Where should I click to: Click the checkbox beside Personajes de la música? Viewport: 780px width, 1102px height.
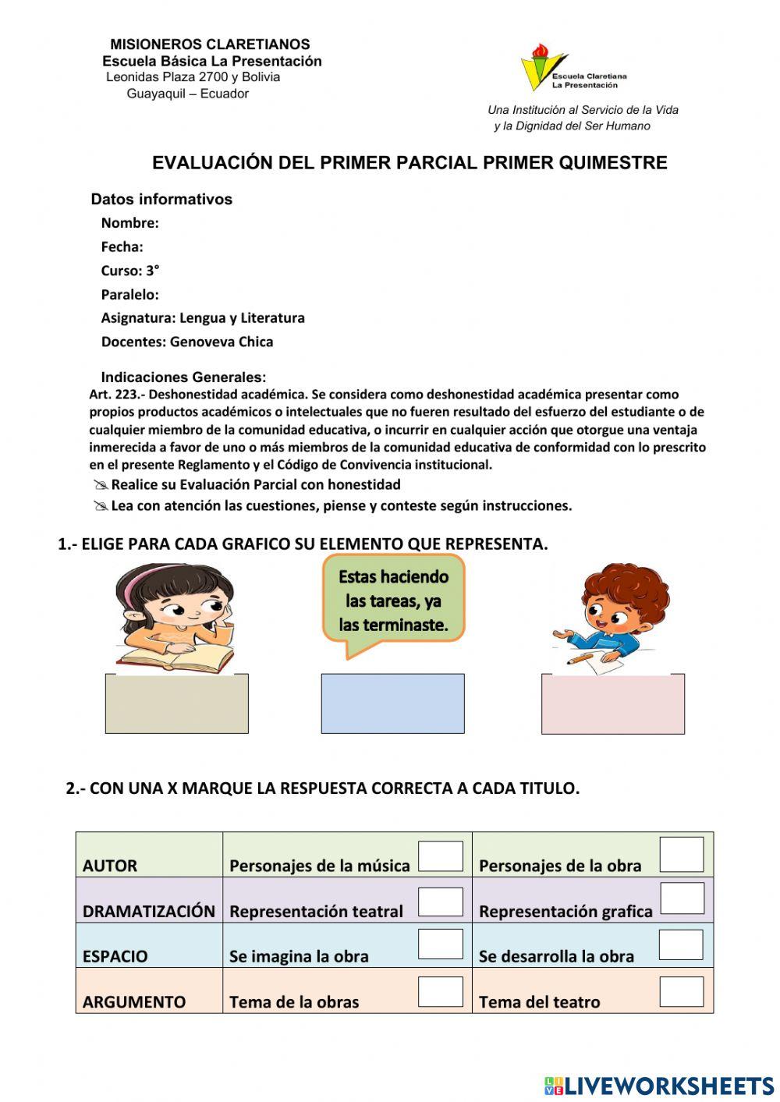pos(441,856)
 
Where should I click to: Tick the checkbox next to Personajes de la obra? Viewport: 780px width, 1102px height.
pos(681,854)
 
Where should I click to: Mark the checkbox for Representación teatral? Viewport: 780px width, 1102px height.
pos(441,902)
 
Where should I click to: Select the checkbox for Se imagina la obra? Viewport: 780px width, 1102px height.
pos(441,944)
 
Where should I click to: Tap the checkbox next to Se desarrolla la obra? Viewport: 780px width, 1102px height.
pos(681,944)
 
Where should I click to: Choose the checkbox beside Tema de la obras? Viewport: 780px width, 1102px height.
pos(441,991)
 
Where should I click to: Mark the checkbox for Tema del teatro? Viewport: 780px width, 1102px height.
pos(681,991)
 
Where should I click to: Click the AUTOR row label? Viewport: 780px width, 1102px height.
pos(110,866)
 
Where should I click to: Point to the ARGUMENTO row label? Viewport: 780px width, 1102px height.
pos(134,1002)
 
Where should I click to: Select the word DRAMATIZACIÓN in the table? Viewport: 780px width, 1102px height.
pos(149,911)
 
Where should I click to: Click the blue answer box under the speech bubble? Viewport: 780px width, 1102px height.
pos(392,703)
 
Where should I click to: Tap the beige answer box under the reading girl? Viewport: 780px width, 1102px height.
pos(176,703)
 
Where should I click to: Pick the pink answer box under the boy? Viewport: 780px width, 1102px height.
pos(612,704)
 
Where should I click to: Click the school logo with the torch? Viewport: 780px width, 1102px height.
pos(542,68)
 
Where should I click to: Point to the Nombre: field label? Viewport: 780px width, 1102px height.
pos(129,223)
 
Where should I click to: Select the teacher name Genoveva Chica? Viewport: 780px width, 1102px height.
pos(222,342)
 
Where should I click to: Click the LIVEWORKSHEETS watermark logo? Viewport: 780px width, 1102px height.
pos(659,1085)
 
